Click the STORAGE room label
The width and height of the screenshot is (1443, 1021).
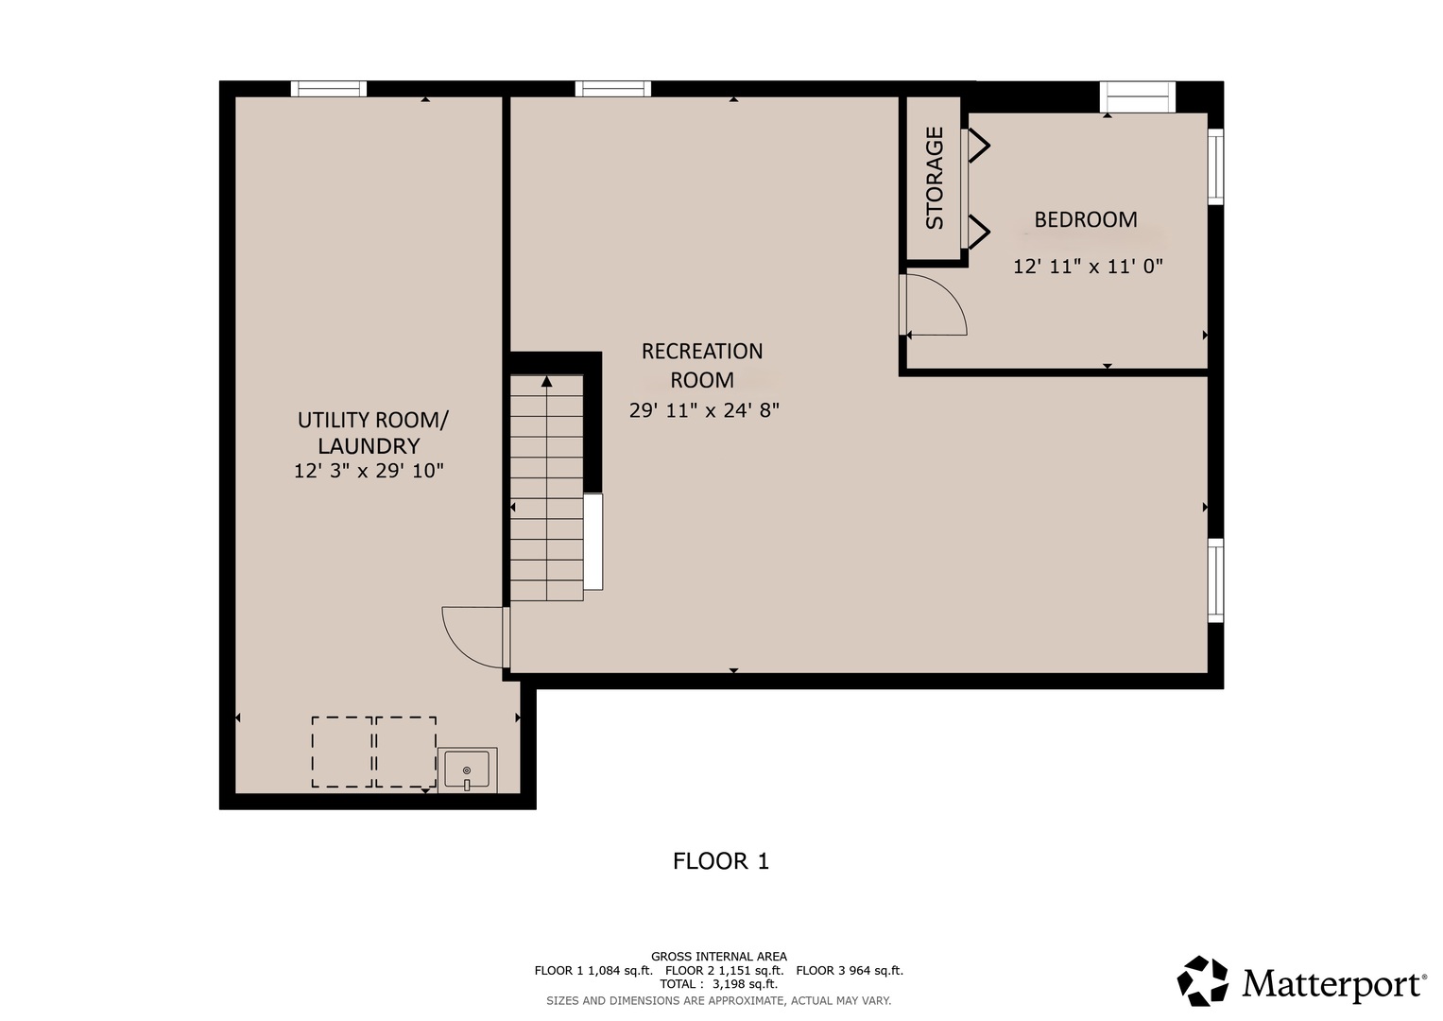pos(935,178)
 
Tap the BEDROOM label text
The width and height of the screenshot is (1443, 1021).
pos(1086,219)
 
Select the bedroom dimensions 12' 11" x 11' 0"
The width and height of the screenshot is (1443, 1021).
pos(1088,267)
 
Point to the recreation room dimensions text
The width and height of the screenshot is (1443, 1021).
pos(704,410)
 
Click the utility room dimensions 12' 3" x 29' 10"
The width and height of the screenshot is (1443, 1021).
pos(369,471)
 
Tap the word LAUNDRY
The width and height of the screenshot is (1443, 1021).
pos(369,446)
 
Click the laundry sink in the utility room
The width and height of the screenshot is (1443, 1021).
pos(467,770)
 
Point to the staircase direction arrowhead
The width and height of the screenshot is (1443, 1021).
pos(547,381)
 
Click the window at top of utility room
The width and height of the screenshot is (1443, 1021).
pos(329,89)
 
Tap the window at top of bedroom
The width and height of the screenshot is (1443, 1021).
pos(1138,96)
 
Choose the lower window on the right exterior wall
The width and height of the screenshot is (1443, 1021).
pos(1215,580)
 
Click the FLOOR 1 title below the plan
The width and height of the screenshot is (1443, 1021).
pos(721,861)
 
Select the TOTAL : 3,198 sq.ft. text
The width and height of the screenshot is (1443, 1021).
pos(718,984)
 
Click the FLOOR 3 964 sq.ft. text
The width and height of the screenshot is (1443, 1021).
pos(850,971)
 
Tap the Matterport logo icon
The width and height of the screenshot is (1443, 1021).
pos(1202,981)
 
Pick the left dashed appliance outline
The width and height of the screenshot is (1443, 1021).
pos(342,752)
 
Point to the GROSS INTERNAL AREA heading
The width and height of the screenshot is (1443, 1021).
pos(719,957)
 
